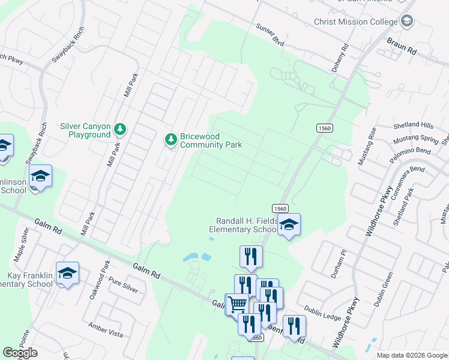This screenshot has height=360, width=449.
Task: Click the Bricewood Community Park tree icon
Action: [171, 139]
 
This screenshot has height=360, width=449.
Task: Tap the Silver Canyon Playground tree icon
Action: [120, 129]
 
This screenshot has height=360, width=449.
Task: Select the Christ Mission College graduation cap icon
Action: [408, 22]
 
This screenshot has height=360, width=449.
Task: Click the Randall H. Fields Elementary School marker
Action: [289, 225]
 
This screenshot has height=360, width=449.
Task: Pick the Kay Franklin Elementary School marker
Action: [67, 273]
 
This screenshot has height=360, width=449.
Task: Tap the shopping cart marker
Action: [237, 304]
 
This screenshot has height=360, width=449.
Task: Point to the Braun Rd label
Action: [402, 47]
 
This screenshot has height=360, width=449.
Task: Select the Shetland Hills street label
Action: [413, 125]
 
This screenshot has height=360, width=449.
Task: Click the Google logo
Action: [20, 353]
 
